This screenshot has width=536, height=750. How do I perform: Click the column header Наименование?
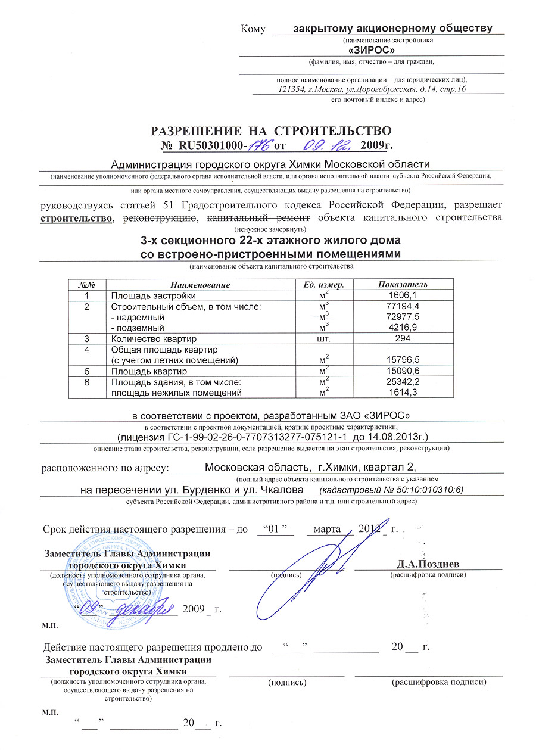click(x=200, y=285)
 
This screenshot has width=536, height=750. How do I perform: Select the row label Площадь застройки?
click(x=154, y=295)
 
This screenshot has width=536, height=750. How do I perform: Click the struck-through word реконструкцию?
click(x=160, y=218)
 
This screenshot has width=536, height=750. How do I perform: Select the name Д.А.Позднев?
click(x=428, y=564)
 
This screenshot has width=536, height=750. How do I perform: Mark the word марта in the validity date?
click(x=326, y=529)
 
